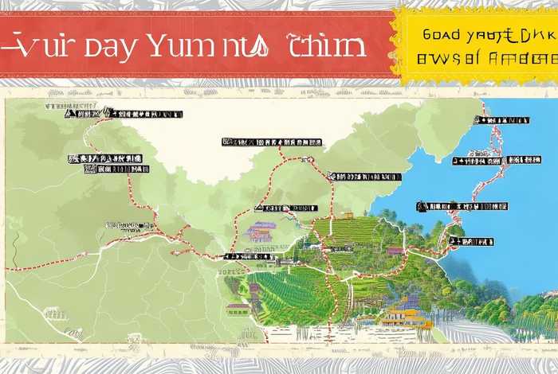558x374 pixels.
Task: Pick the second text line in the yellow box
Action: tap(485, 59)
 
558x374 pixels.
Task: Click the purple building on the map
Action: tap(261, 232)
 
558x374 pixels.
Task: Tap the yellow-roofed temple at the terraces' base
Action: tap(403, 316)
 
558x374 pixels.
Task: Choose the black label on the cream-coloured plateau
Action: tap(272, 142)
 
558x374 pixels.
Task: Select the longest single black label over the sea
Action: tap(492, 161)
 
